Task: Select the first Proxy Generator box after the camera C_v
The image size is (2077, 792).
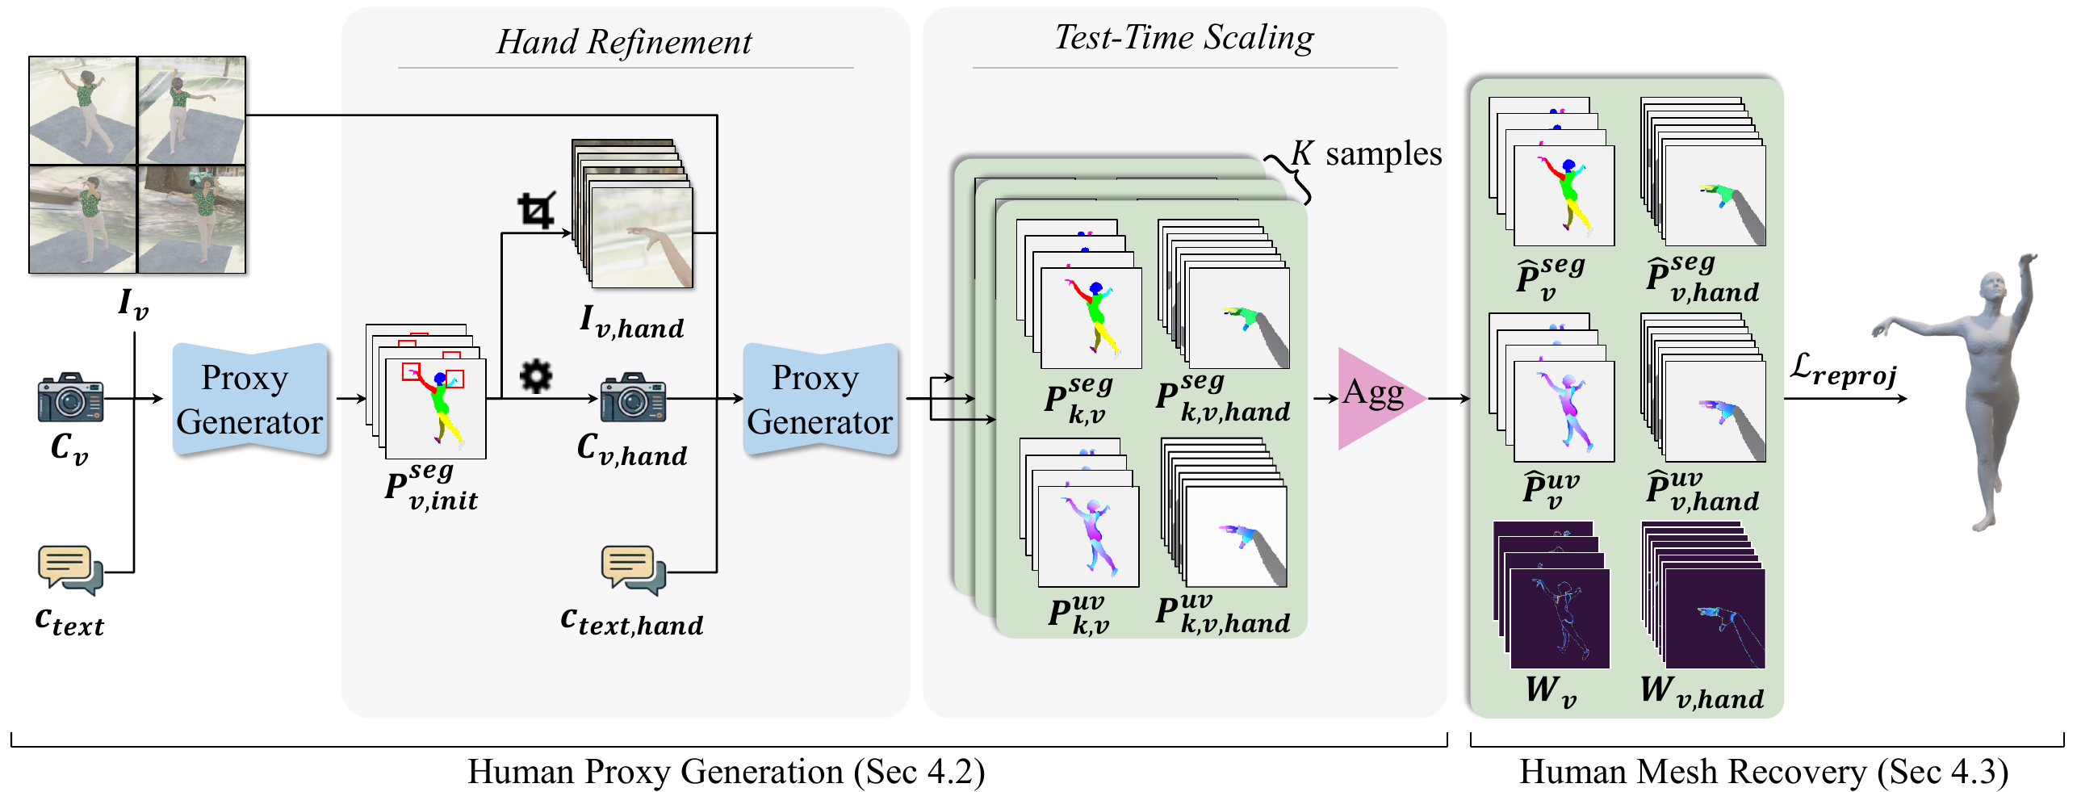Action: [249, 400]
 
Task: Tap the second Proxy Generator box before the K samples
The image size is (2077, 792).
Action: [819, 400]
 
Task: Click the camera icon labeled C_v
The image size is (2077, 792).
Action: [70, 397]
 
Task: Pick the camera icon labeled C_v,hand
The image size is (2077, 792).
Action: [633, 397]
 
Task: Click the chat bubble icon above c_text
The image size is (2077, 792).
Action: [69, 570]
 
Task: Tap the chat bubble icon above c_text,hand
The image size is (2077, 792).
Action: [633, 570]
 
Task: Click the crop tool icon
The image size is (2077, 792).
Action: [536, 210]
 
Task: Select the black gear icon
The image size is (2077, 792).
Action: [535, 376]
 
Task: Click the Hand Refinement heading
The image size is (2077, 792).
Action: [624, 42]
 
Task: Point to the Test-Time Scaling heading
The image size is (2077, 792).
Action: [1184, 37]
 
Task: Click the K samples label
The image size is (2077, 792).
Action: [1367, 153]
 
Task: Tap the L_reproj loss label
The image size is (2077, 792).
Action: [1843, 371]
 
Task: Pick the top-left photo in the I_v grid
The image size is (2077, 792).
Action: [82, 111]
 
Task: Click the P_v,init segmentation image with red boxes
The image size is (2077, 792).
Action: [435, 408]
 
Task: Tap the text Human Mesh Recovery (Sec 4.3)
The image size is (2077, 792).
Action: [1763, 771]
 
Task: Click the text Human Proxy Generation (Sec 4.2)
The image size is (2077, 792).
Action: [726, 771]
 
